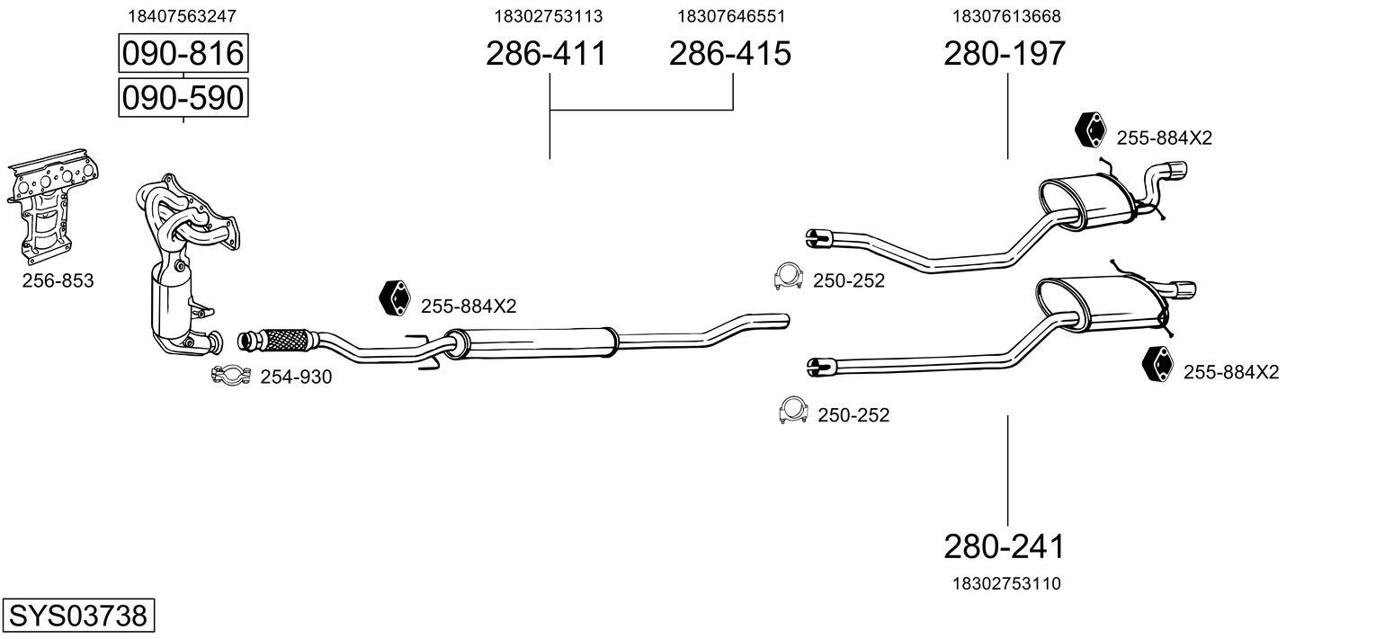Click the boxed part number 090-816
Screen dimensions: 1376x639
183,53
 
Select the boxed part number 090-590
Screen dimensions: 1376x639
183,97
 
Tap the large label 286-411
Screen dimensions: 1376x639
546,53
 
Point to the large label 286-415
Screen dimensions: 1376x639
729,53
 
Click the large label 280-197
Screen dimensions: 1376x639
1005,53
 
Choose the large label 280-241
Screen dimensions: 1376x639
1005,546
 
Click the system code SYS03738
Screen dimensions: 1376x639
78,615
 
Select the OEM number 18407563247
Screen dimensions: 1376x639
182,16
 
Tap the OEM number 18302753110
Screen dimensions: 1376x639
1006,583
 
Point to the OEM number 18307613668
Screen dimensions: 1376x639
1006,16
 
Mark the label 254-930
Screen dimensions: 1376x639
296,377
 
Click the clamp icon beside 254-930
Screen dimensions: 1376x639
230,375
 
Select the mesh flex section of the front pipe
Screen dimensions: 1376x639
286,340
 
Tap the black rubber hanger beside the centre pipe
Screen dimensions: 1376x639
394,298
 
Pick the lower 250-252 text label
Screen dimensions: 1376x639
853,415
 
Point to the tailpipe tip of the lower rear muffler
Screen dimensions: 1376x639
1184,290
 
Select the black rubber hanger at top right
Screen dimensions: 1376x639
1090,129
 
